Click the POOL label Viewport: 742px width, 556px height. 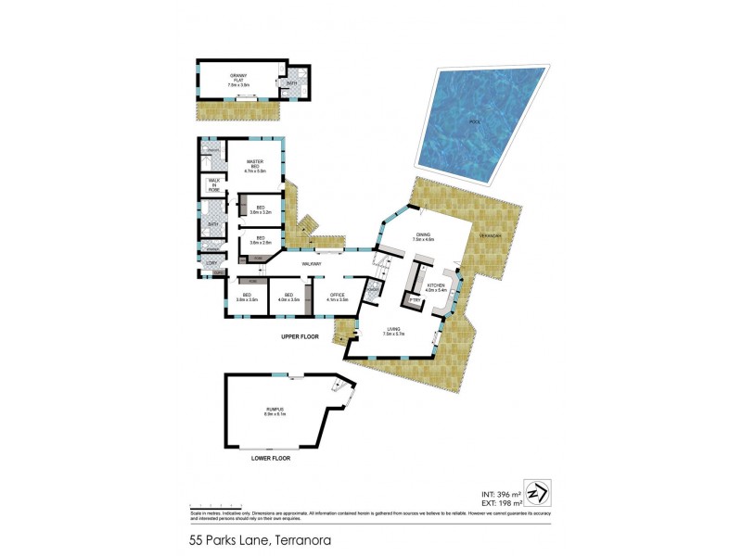(474, 122)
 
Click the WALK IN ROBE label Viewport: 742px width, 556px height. (214, 184)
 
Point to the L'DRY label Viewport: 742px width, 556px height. (211, 264)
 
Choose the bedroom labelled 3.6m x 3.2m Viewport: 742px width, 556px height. (261, 209)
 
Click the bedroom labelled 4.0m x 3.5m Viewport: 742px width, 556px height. (288, 297)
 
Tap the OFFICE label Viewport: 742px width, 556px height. (337, 297)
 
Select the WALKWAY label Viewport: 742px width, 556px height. (312, 264)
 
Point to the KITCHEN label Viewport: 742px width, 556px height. (436, 287)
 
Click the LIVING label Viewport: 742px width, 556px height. (393, 331)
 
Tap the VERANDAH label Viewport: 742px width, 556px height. (490, 236)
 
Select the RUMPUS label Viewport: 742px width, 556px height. (274, 411)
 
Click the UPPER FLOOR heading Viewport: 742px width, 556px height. (301, 336)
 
